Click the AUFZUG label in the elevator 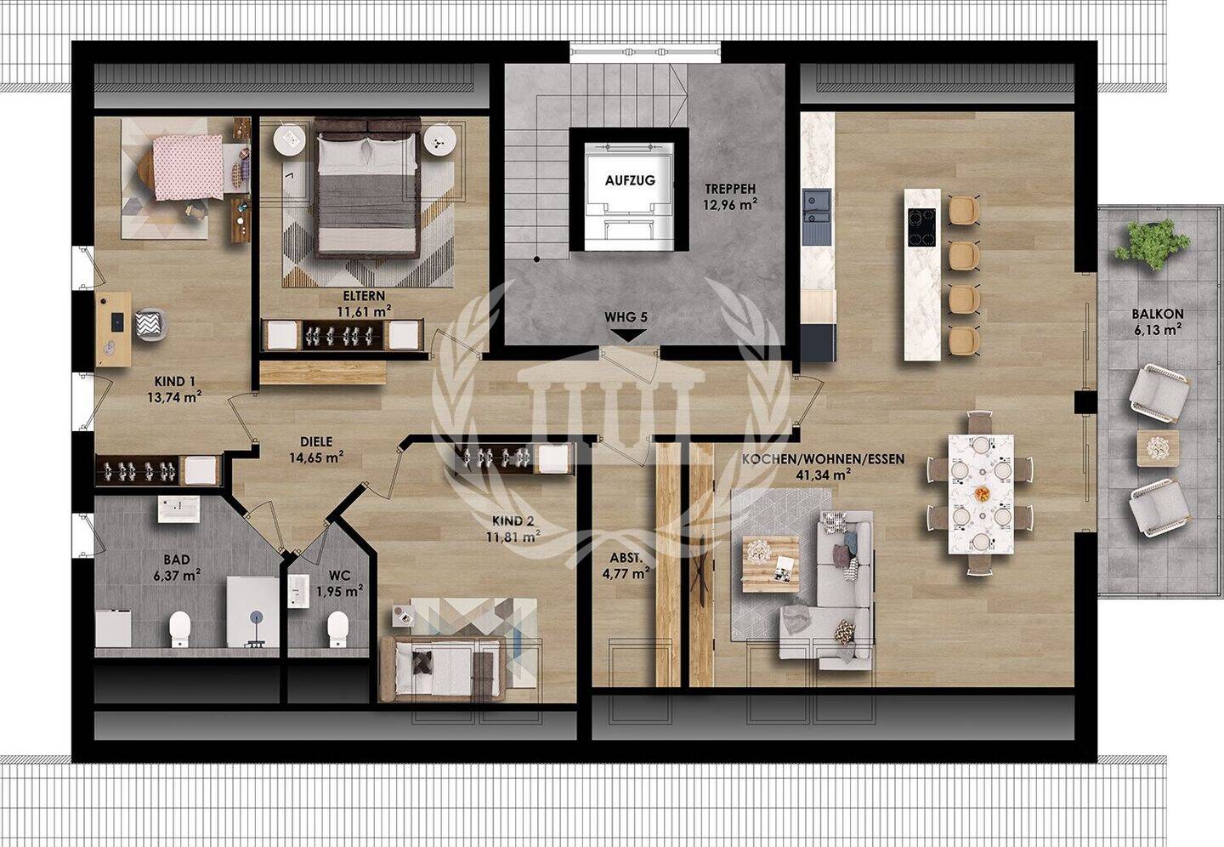630,180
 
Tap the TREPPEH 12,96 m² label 731,196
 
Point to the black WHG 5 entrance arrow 626,336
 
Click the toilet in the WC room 337,628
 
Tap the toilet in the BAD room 180,628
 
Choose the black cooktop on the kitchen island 921,227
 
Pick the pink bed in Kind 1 187,168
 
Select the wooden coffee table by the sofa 770,565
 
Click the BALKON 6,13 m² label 1157,321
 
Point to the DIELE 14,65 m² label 316,450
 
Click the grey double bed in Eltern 367,189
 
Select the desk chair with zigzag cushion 150,325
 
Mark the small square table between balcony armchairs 1158,448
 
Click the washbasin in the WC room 298,591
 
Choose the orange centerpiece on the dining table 982,494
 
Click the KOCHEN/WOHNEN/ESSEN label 823,466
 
